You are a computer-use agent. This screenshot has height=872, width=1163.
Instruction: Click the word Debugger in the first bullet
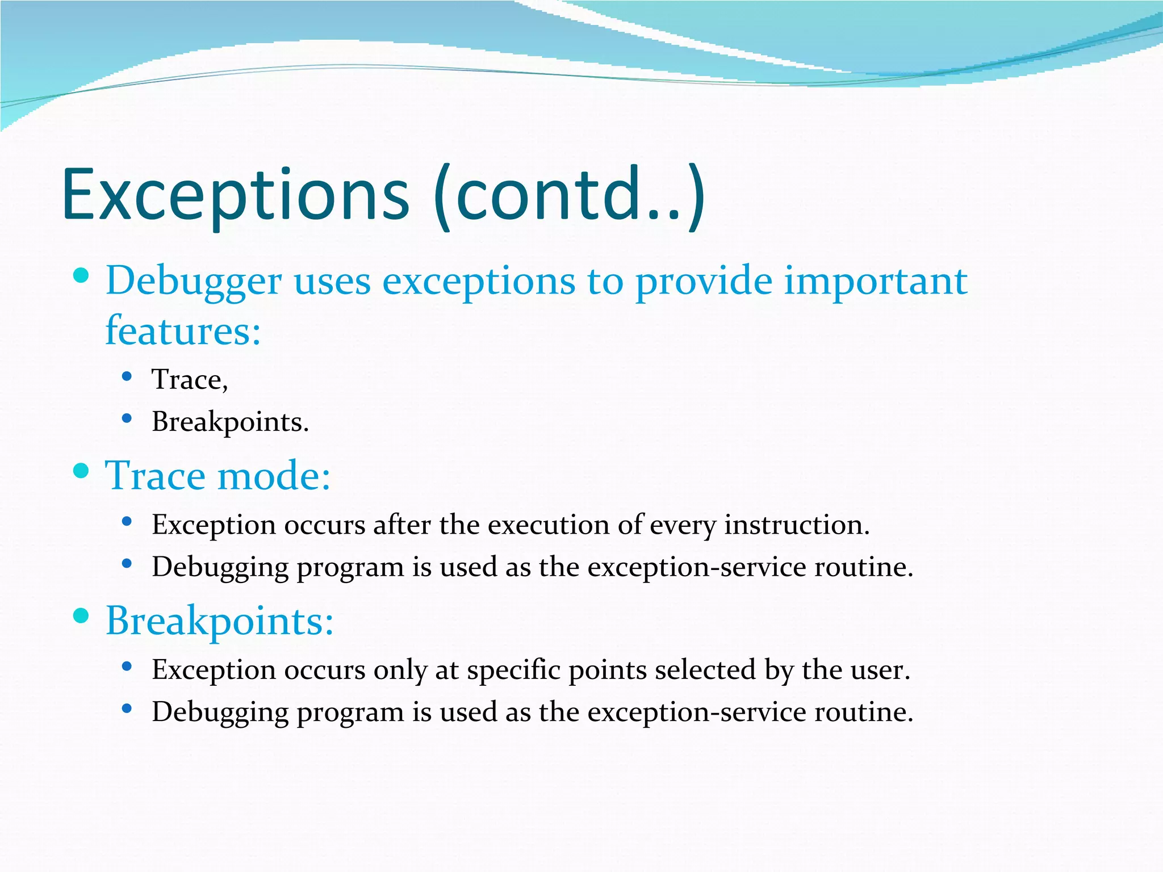194,282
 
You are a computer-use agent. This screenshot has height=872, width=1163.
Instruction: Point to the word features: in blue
183,330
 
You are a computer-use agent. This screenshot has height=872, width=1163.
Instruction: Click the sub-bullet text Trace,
190,380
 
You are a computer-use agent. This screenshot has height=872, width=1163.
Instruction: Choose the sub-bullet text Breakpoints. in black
230,422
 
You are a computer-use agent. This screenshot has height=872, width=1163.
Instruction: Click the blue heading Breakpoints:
220,621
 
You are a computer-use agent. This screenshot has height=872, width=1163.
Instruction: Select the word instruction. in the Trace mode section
797,525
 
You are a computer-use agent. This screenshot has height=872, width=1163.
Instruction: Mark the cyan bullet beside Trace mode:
82,471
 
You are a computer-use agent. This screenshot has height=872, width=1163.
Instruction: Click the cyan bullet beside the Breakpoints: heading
82,616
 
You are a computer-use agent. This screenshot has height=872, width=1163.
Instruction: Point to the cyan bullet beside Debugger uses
82,276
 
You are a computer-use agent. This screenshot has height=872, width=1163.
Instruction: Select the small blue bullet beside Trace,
127,376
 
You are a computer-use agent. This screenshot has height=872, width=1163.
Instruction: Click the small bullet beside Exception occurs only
127,666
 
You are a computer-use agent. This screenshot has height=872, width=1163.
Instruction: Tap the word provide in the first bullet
704,282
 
